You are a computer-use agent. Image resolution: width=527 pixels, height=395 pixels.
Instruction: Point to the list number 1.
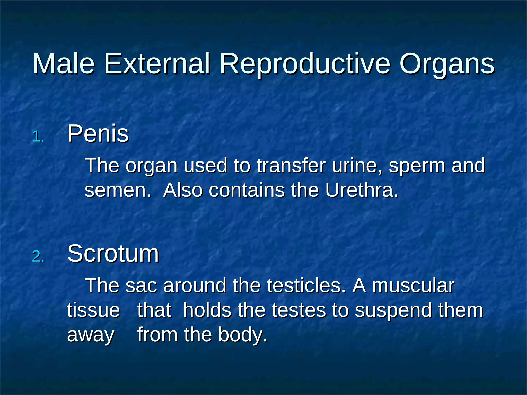click(x=39, y=137)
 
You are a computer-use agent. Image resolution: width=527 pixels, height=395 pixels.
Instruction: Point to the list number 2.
click(x=39, y=257)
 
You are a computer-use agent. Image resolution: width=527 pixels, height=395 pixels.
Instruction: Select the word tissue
click(x=93, y=310)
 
